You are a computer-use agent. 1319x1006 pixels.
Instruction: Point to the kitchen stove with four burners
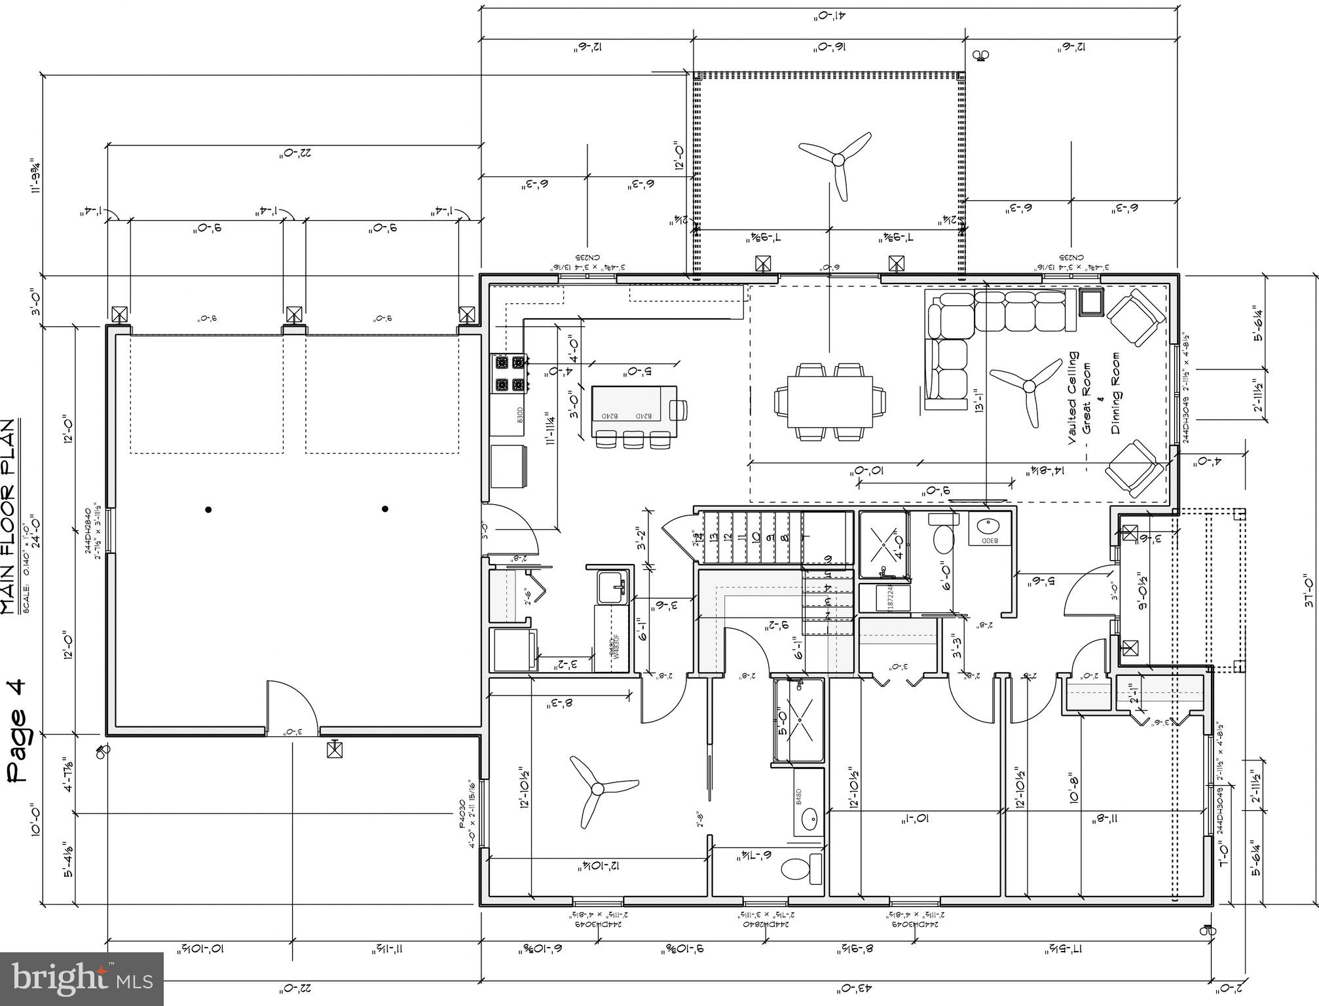pyautogui.click(x=510, y=373)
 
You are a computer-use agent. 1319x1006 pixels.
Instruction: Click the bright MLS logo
pyautogui.click(x=81, y=978)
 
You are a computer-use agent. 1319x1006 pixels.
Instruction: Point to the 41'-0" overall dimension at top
pyautogui.click(x=825, y=16)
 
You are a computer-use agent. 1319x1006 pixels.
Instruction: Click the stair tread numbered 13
pyautogui.click(x=713, y=537)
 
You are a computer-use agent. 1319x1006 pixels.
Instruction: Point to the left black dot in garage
pyautogui.click(x=208, y=509)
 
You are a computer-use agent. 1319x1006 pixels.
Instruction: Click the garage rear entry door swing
pyautogui.click(x=291, y=706)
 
